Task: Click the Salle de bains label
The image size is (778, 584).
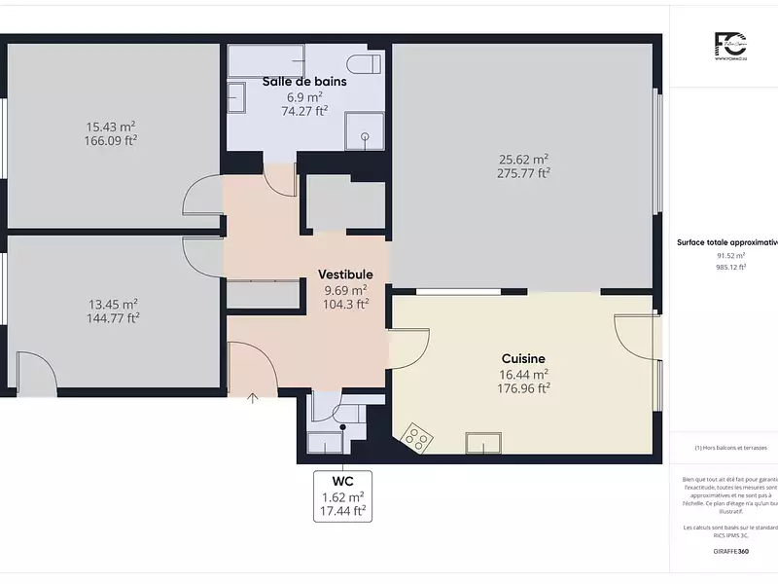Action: [304, 82]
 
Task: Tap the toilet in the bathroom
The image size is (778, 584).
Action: [367, 64]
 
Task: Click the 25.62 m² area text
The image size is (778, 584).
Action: [524, 159]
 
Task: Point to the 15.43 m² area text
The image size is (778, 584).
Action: [110, 127]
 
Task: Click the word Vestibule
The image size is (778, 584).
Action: [345, 275]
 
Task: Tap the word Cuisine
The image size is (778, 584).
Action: [523, 358]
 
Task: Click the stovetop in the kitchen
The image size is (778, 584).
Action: [418, 438]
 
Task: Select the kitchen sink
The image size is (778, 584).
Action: [483, 443]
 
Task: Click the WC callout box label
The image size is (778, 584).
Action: [342, 481]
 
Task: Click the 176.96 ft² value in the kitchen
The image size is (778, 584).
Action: [523, 387]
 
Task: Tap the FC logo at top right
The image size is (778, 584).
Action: [729, 45]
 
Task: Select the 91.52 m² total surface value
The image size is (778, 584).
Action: [730, 255]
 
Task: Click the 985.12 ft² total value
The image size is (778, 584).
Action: [730, 267]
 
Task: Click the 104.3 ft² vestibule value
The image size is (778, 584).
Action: [345, 304]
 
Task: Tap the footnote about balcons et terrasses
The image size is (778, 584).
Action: [730, 447]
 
